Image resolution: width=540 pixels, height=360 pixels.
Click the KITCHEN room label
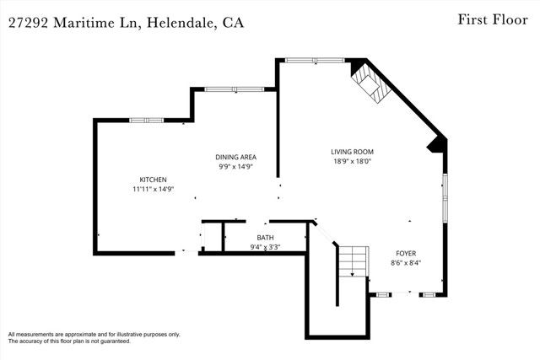[x=153, y=180]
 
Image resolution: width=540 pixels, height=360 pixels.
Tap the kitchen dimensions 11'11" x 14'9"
[x=153, y=190]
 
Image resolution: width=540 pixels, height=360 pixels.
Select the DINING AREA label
[x=235, y=157]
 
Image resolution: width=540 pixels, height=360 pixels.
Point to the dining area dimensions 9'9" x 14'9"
[x=235, y=167]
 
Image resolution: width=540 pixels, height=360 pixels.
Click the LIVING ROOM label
[x=351, y=152]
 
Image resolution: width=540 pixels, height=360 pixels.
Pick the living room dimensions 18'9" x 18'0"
[x=351, y=162]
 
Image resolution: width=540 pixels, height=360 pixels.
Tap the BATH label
[x=265, y=238]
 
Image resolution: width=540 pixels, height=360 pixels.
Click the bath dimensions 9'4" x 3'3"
[x=265, y=247]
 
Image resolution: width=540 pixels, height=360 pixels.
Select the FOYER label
[x=407, y=253]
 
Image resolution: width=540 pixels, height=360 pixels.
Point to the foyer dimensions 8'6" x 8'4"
[x=407, y=263]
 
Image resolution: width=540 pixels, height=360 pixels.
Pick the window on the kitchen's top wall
[x=146, y=121]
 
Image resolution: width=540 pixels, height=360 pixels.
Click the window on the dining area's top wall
[x=235, y=89]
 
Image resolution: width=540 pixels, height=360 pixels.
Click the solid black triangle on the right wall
[x=437, y=144]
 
